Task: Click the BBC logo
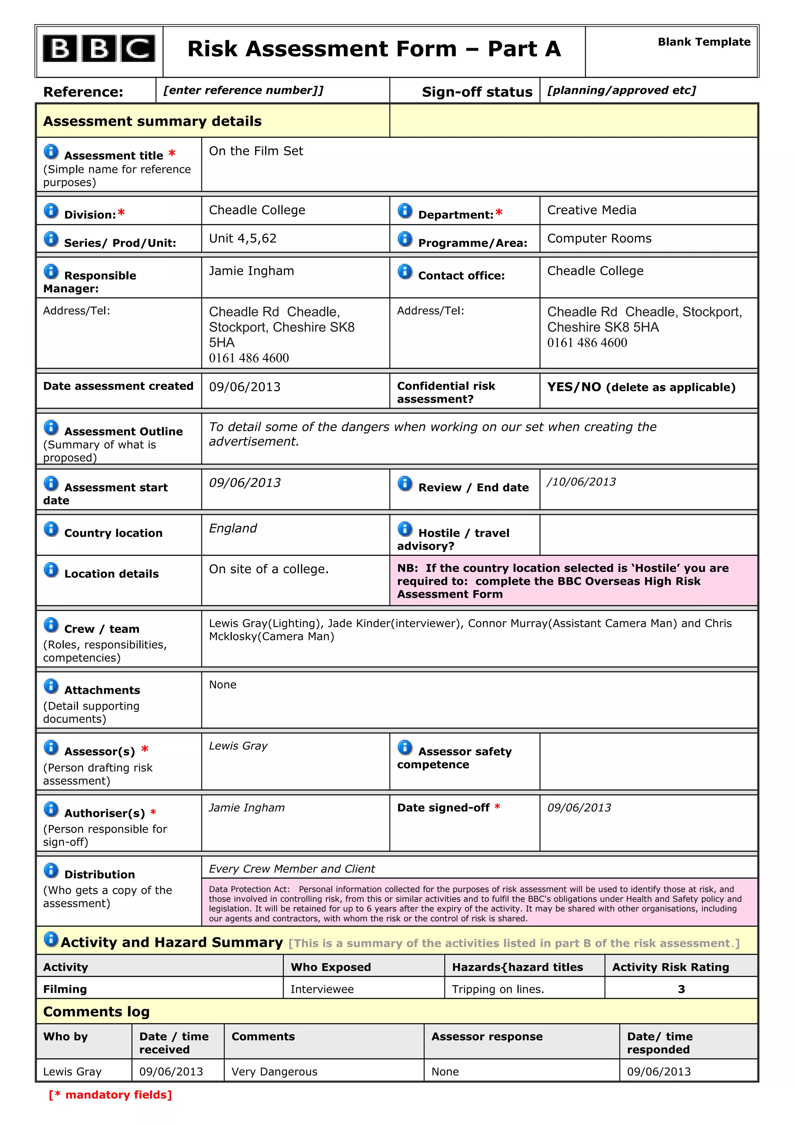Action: [99, 49]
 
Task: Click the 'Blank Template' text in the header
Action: [703, 42]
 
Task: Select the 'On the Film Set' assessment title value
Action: [256, 151]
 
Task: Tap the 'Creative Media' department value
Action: [591, 210]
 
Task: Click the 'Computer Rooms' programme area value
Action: [599, 239]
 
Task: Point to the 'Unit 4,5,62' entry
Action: [243, 239]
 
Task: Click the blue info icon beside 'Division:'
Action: [51, 211]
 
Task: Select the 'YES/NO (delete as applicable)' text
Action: [641, 387]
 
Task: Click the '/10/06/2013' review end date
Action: [581, 482]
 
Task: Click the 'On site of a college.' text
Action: [268, 569]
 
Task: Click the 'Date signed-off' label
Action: [443, 807]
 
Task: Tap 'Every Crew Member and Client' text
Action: [292, 869]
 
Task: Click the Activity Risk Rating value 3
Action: [681, 989]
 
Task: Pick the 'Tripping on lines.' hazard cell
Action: [498, 989]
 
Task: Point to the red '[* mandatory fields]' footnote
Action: [110, 1095]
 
